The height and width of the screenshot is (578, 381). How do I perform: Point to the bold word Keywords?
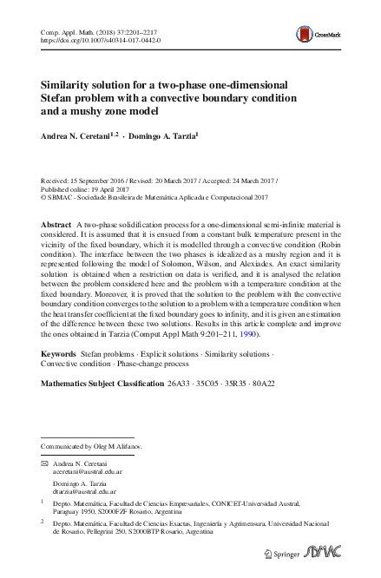[58, 355]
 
